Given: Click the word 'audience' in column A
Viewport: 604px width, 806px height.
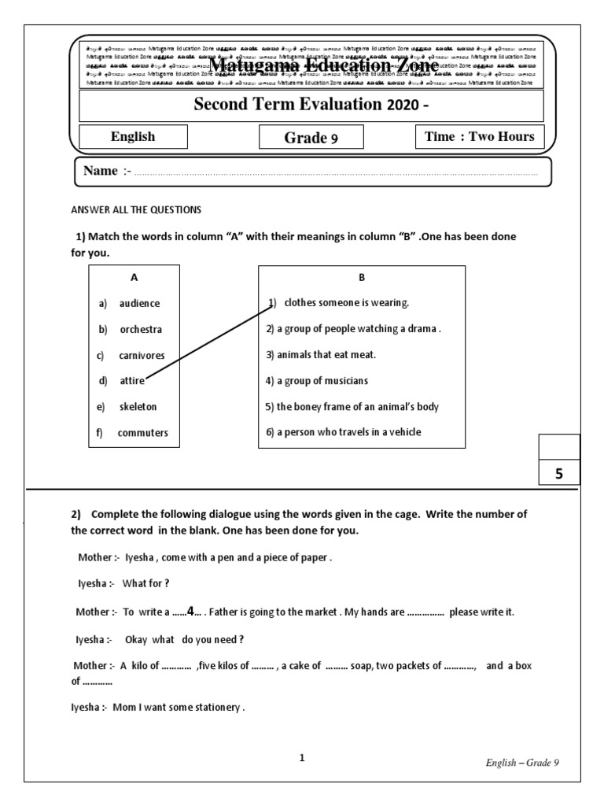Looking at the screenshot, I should click(139, 303).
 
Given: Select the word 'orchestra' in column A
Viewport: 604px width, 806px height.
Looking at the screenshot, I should click(141, 329).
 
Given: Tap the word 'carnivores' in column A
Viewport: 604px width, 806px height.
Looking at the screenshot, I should click(142, 355).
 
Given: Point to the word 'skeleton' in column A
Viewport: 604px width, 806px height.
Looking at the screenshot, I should click(138, 407).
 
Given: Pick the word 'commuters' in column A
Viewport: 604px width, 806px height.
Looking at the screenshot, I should click(142, 433).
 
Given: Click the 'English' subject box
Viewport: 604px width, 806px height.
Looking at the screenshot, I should click(133, 137).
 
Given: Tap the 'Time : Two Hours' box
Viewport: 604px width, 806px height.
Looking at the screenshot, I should click(479, 137).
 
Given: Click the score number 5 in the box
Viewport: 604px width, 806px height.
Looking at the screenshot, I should click(559, 474).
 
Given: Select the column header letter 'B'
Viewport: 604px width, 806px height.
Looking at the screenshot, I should click(362, 277).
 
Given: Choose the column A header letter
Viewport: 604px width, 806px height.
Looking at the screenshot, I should click(134, 277).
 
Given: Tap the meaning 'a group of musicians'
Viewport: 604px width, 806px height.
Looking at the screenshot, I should click(317, 381).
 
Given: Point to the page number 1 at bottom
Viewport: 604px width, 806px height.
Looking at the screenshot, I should click(302, 758).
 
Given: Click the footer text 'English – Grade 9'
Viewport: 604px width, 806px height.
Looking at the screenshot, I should click(521, 763).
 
